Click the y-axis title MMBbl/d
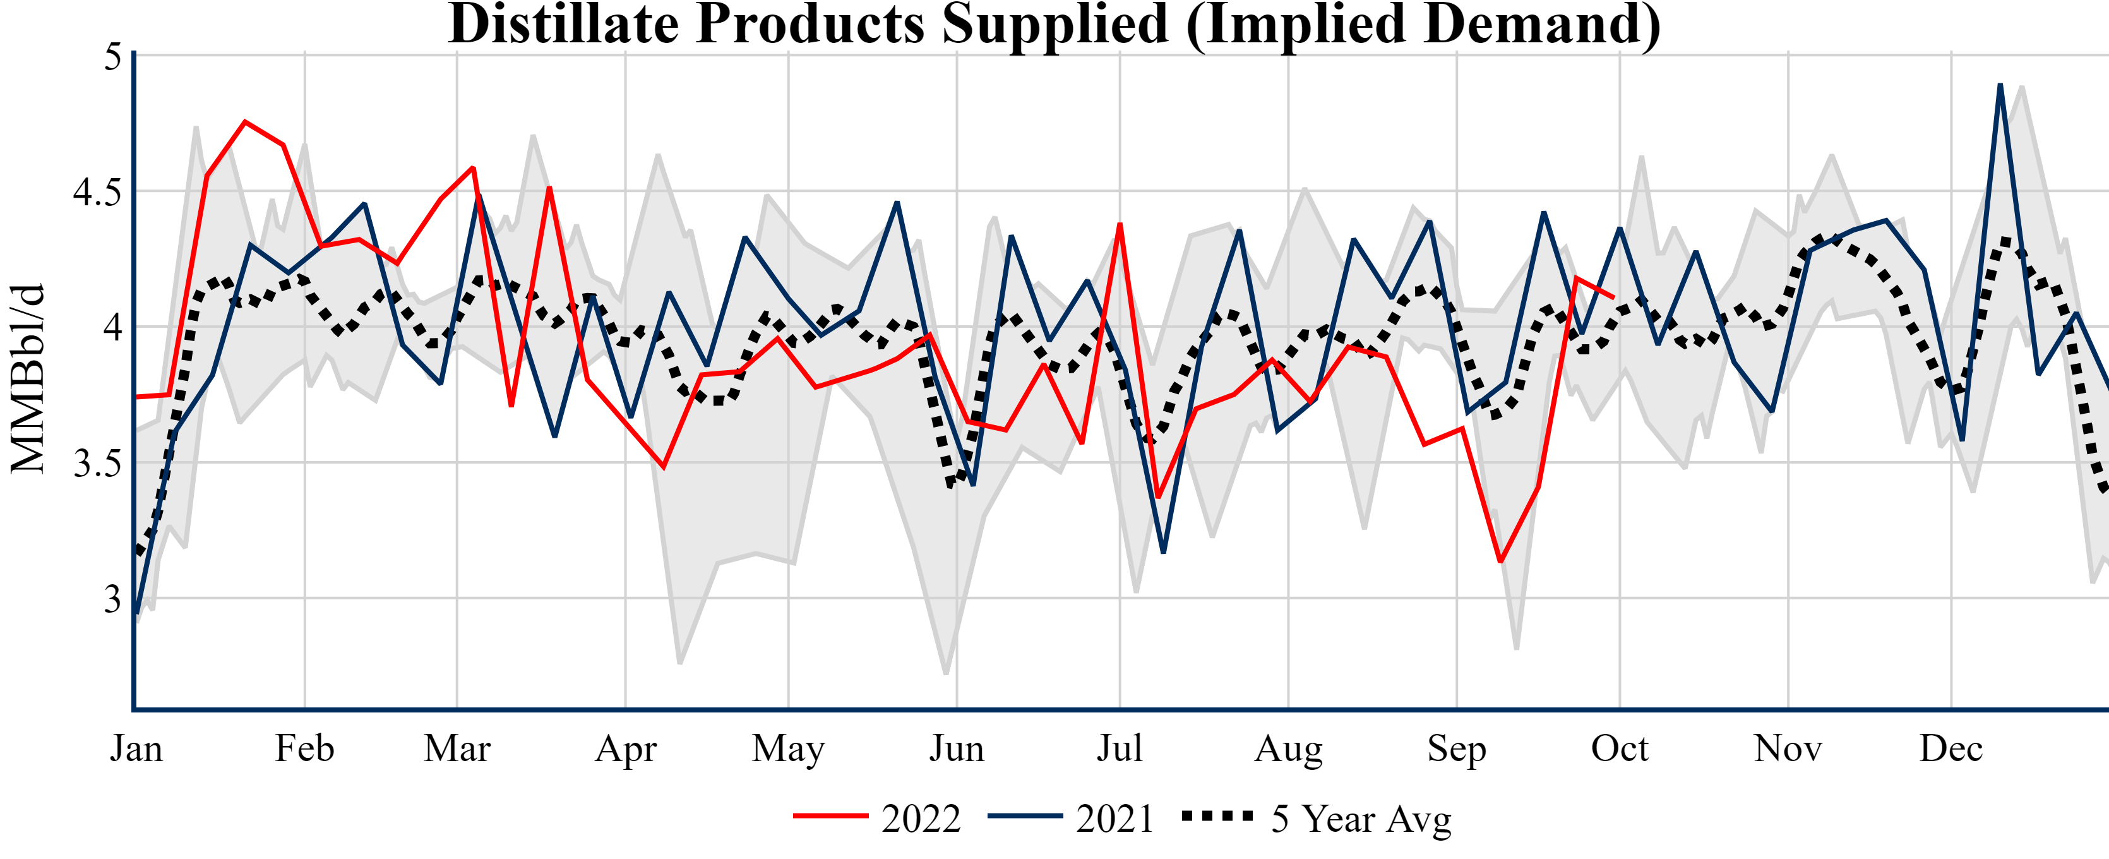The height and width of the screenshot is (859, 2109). (27, 378)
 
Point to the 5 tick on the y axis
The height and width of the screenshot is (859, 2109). (113, 57)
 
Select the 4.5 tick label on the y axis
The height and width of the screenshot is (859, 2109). (97, 193)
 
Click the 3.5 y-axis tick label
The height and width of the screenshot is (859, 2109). (97, 464)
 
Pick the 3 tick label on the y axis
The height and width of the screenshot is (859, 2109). (113, 599)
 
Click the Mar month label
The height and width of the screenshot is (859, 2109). (457, 748)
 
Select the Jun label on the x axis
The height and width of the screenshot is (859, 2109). (956, 748)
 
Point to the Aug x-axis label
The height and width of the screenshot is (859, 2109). (1288, 748)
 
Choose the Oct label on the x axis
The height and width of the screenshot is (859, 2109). (1620, 748)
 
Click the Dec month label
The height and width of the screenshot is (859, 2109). (1951, 748)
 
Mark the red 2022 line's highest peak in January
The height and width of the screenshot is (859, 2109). (245, 122)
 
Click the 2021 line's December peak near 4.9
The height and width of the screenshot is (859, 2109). (2000, 85)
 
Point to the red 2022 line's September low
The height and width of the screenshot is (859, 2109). (1500, 561)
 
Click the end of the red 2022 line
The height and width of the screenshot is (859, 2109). (1613, 297)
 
